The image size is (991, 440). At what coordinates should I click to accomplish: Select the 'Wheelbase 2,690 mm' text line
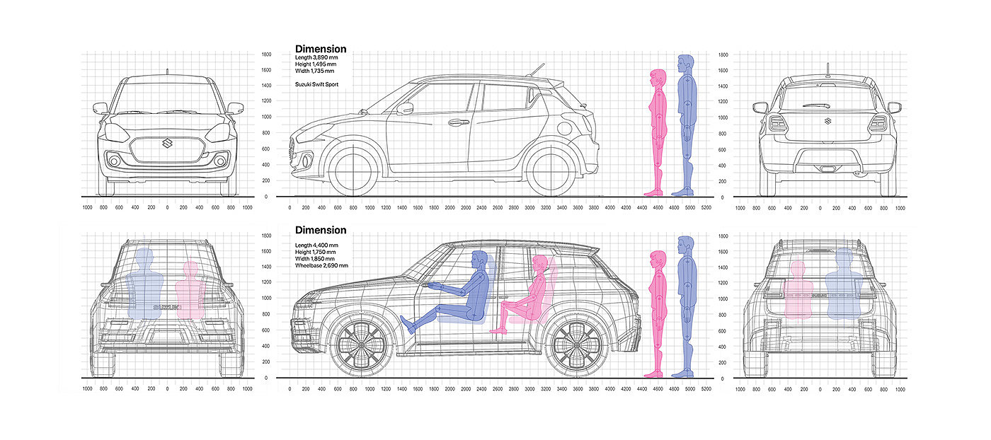[x=321, y=265]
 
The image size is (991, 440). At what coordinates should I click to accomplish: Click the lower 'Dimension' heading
[x=321, y=230]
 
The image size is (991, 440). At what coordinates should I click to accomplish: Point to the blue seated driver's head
[x=479, y=260]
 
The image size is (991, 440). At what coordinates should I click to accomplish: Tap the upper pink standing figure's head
[x=658, y=77]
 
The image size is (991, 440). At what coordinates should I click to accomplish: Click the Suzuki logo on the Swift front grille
[x=167, y=144]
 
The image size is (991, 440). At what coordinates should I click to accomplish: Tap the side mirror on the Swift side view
[x=405, y=108]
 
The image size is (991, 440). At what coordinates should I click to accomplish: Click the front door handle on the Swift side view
[x=458, y=122]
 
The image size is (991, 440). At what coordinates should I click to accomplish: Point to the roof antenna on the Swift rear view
[x=827, y=70]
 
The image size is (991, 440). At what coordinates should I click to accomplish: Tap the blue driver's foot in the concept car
[x=408, y=325]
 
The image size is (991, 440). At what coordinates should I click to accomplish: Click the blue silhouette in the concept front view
[x=145, y=283]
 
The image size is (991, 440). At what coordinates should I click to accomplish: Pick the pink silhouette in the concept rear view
[x=798, y=290]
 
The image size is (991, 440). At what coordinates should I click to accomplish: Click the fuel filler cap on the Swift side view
[x=565, y=129]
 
